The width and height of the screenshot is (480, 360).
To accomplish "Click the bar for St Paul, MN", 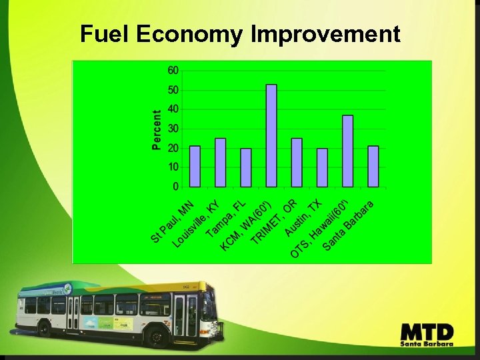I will coord(195,166).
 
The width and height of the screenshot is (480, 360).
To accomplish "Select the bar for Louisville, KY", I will coord(221,162).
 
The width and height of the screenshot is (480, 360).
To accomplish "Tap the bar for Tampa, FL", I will coord(246,167).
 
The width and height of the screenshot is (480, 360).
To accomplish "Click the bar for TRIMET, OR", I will coord(297,162).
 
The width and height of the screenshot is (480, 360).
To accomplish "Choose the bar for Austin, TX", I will coord(322,167).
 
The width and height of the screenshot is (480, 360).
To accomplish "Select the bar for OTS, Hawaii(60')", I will coord(347,151).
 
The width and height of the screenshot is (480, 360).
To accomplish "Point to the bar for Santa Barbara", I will coord(373,166).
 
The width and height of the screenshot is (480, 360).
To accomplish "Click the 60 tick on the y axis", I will coord(173,70).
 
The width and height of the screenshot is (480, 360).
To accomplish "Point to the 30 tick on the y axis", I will coord(173,128).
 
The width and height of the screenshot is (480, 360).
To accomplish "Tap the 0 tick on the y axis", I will coord(175,186).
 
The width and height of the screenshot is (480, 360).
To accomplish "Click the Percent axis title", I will coord(157,129).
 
